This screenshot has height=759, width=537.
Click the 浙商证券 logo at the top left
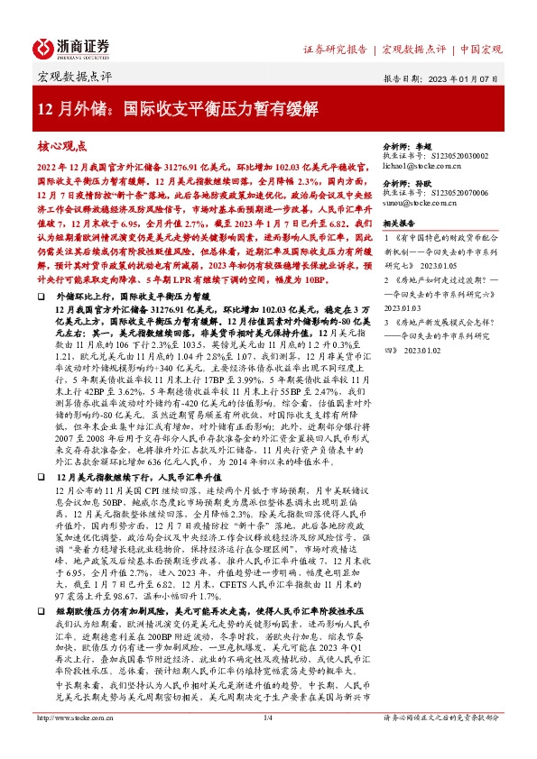click(72, 47)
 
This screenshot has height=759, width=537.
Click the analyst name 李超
click(427, 144)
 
